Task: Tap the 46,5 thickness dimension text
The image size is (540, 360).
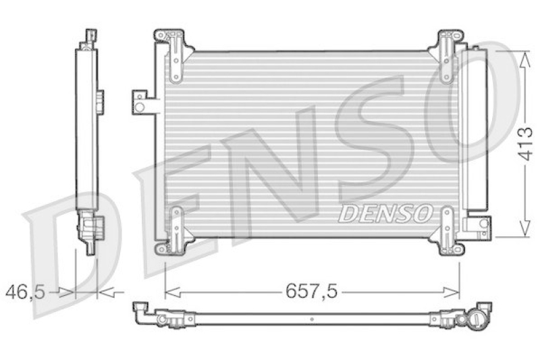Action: (x=25, y=292)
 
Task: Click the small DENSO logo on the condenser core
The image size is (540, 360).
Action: (x=385, y=214)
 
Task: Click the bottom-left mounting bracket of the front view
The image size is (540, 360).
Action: (x=173, y=230)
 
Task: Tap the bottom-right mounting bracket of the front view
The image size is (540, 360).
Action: (x=447, y=230)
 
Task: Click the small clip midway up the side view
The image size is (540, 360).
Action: (x=99, y=101)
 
